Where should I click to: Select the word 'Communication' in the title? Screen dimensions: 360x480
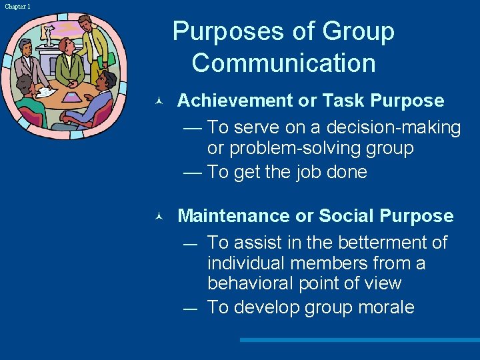coord(283,63)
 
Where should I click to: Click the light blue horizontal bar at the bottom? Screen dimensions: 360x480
coord(359,340)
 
